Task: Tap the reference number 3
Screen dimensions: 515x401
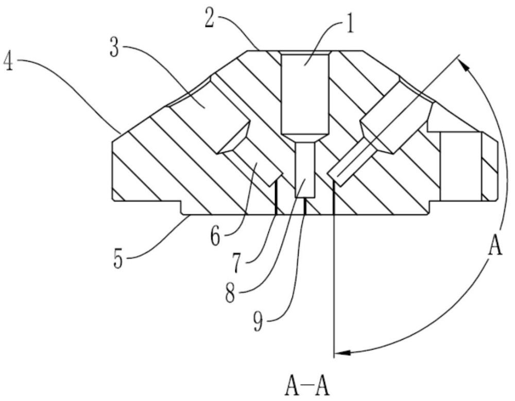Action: (x=114, y=48)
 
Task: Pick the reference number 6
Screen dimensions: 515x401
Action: (x=215, y=237)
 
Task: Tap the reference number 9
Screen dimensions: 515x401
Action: (x=258, y=322)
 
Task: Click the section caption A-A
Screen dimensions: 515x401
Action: (x=307, y=388)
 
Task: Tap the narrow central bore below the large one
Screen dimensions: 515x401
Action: (x=305, y=170)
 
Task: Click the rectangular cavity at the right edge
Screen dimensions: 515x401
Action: (x=460, y=166)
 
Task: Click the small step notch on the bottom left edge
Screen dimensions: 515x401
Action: (x=181, y=207)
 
